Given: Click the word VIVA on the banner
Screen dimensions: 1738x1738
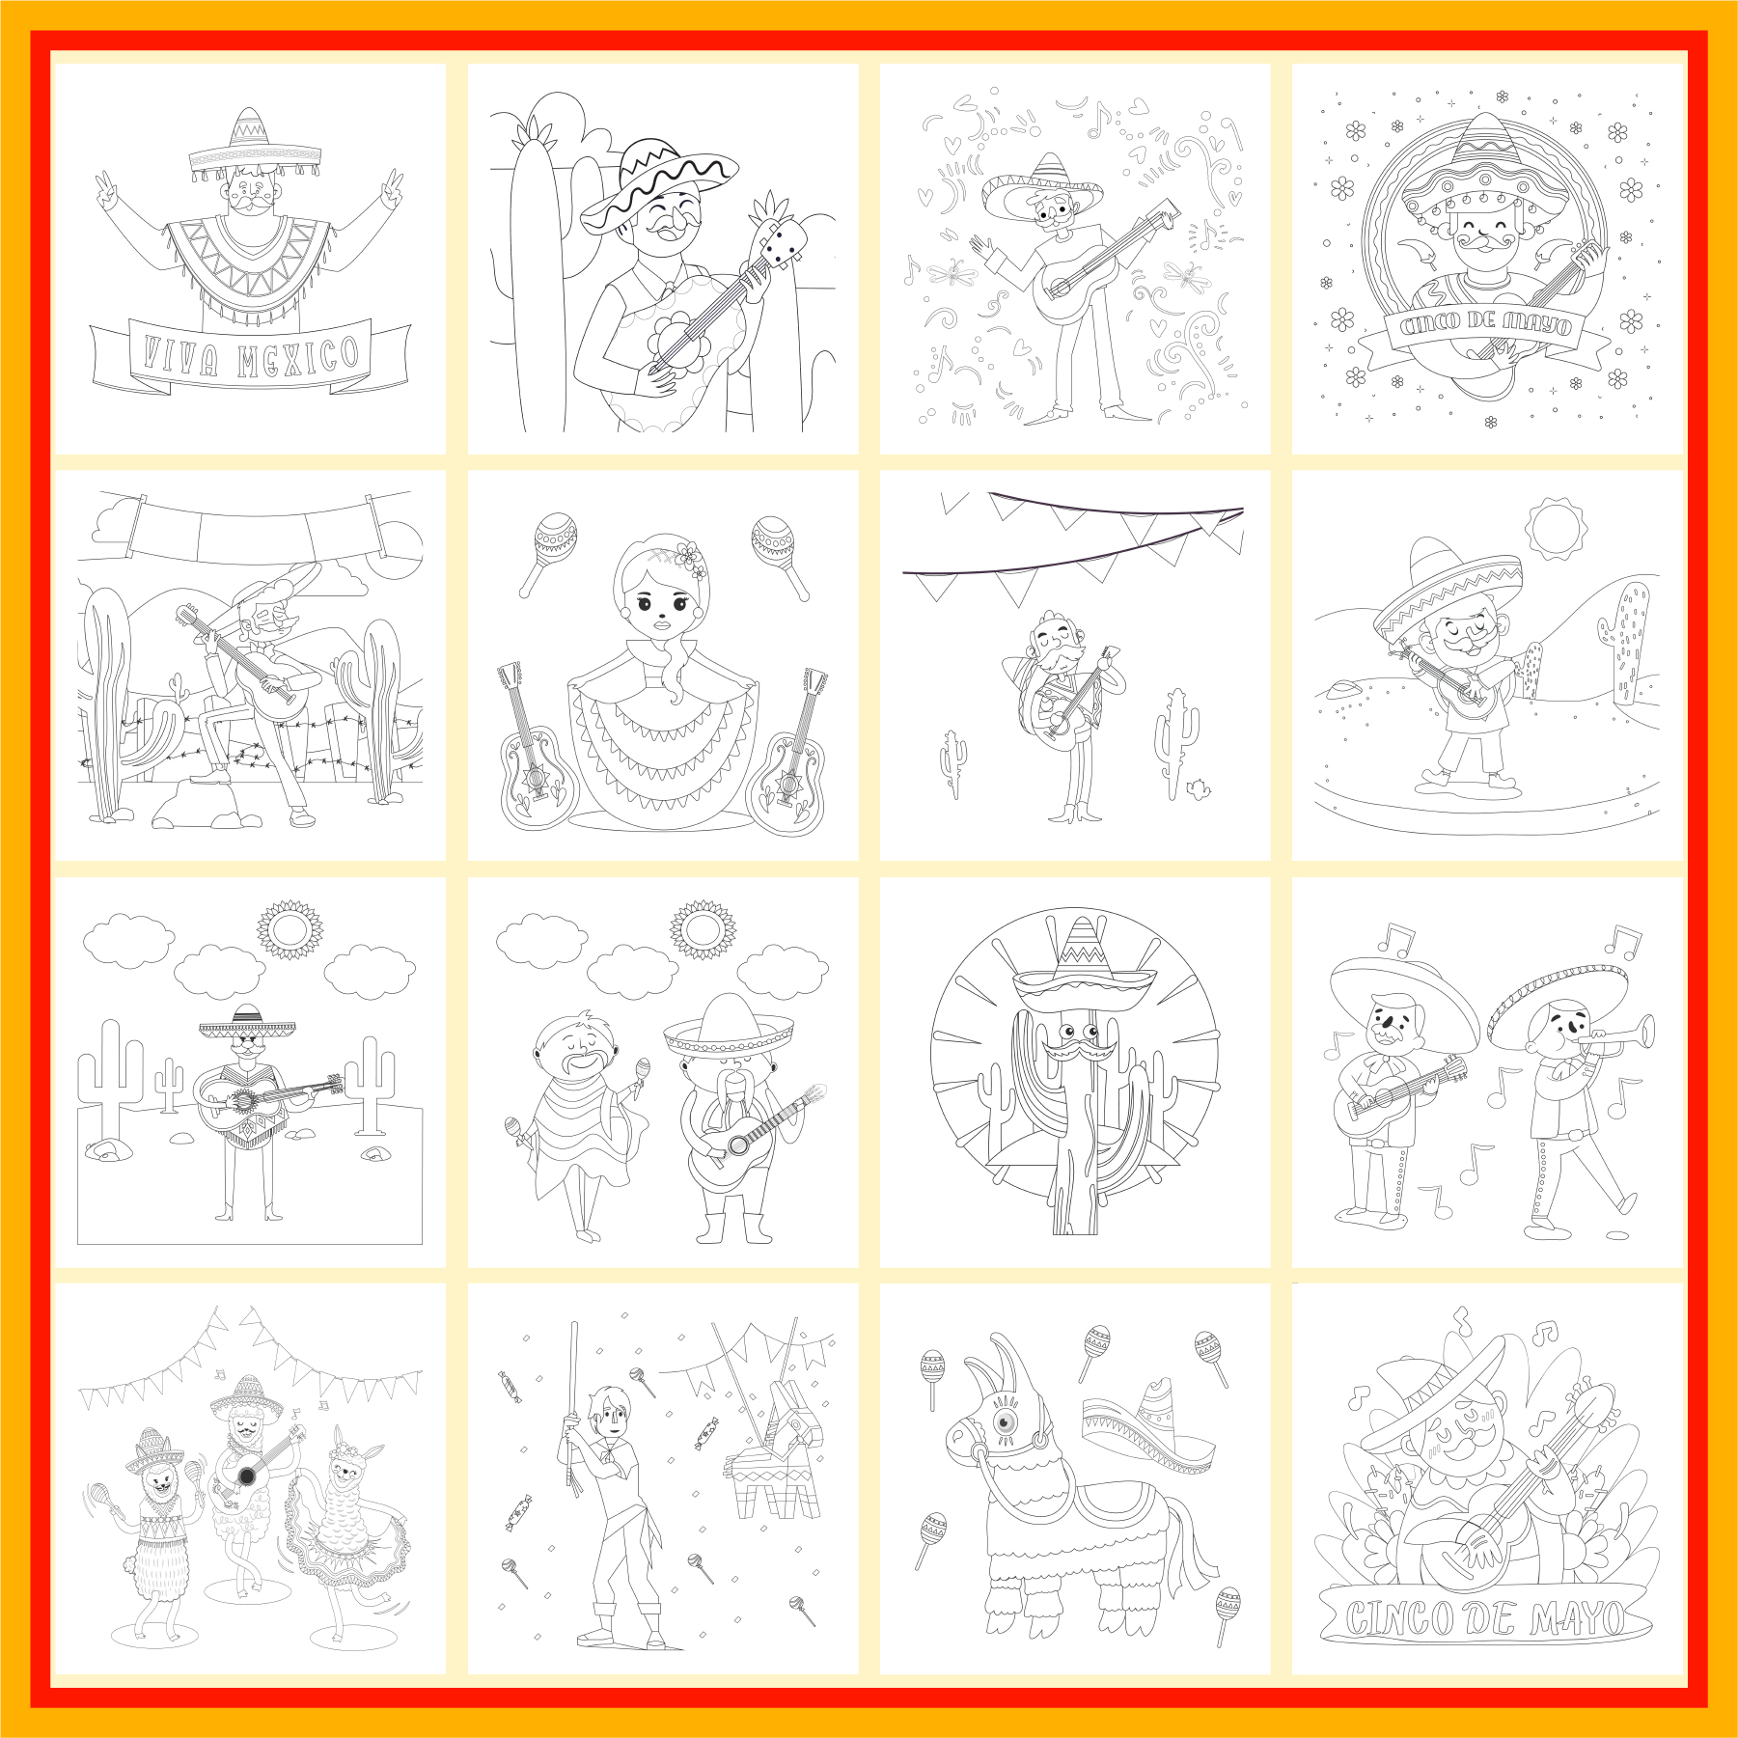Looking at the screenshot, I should pyautogui.click(x=179, y=356).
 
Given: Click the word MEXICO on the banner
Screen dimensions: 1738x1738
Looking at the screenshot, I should pyautogui.click(x=299, y=356).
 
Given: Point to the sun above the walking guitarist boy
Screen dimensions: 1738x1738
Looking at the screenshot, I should pyautogui.click(x=1555, y=528).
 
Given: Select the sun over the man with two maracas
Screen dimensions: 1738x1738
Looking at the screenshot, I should pyautogui.click(x=703, y=929).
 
